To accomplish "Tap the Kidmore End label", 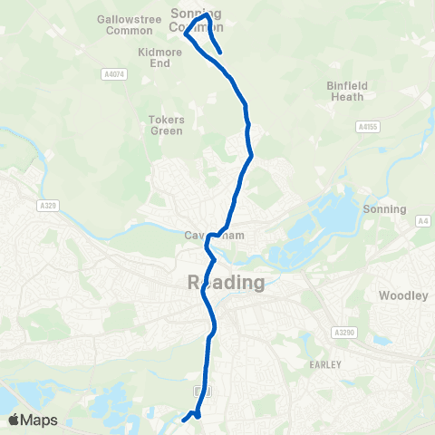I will [159, 58].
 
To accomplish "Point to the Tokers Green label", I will [167, 125].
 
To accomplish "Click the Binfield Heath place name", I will [347, 92].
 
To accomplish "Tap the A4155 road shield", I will [366, 128].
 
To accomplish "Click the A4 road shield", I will [422, 220].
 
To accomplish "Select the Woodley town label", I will [397, 295].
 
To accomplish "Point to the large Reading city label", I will [227, 283].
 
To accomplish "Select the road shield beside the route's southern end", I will [202, 390].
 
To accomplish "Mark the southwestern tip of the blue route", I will [184, 420].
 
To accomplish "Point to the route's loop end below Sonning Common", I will [220, 53].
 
